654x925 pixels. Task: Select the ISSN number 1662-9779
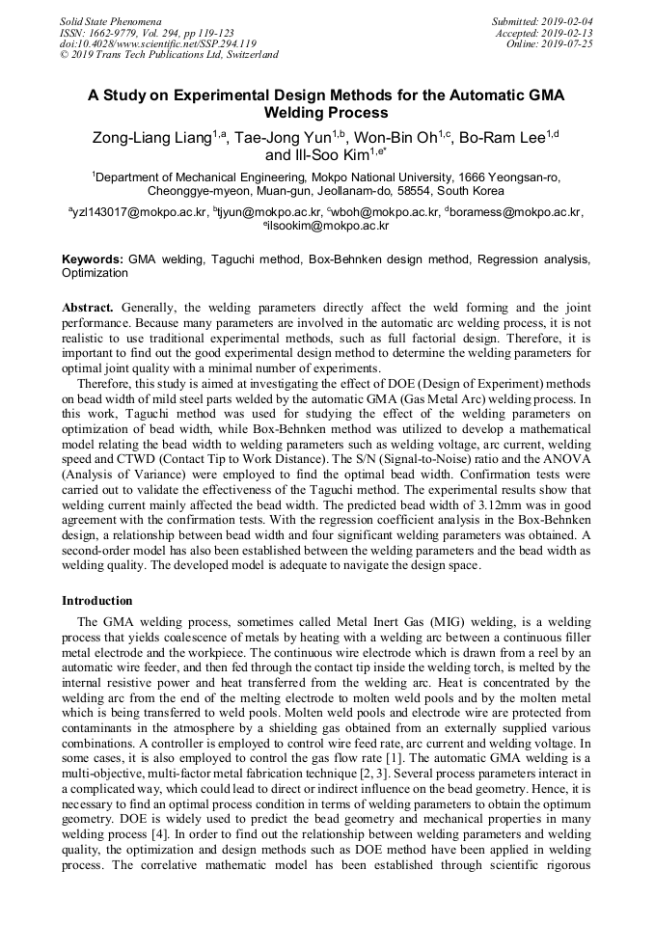120,32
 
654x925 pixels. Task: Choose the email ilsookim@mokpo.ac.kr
328,226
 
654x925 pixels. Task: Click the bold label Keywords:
93,260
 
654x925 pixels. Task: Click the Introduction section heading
96,601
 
